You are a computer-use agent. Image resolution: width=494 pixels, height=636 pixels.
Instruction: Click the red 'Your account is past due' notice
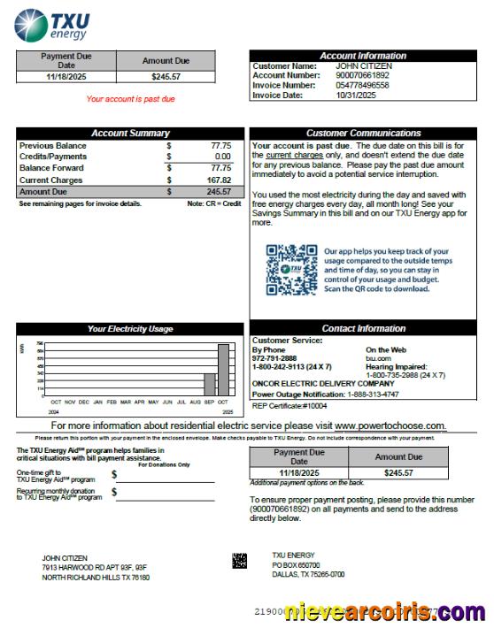click(130, 99)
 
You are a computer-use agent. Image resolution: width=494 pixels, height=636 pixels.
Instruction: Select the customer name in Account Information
click(363, 66)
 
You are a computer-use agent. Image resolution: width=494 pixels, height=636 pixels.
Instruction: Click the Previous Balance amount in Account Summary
click(220, 145)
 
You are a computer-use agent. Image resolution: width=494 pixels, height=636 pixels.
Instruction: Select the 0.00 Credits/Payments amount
click(222, 157)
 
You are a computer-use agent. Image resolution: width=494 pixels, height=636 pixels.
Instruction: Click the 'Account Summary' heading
click(130, 134)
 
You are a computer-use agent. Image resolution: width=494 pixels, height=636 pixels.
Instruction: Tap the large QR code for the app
click(291, 270)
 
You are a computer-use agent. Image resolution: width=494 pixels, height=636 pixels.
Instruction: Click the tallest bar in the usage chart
click(223, 370)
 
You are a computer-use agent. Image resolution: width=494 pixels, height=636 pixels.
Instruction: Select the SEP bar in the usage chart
click(210, 384)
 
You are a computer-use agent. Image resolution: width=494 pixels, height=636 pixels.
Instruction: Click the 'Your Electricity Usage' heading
click(130, 329)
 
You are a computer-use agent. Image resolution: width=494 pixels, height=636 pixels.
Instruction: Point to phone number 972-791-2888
click(274, 358)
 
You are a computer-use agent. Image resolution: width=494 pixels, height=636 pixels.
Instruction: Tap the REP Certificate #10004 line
click(289, 406)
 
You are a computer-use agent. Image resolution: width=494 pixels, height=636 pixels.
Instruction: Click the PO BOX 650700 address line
click(296, 565)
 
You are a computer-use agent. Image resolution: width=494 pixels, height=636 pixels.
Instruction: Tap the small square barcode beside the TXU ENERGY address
click(239, 560)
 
